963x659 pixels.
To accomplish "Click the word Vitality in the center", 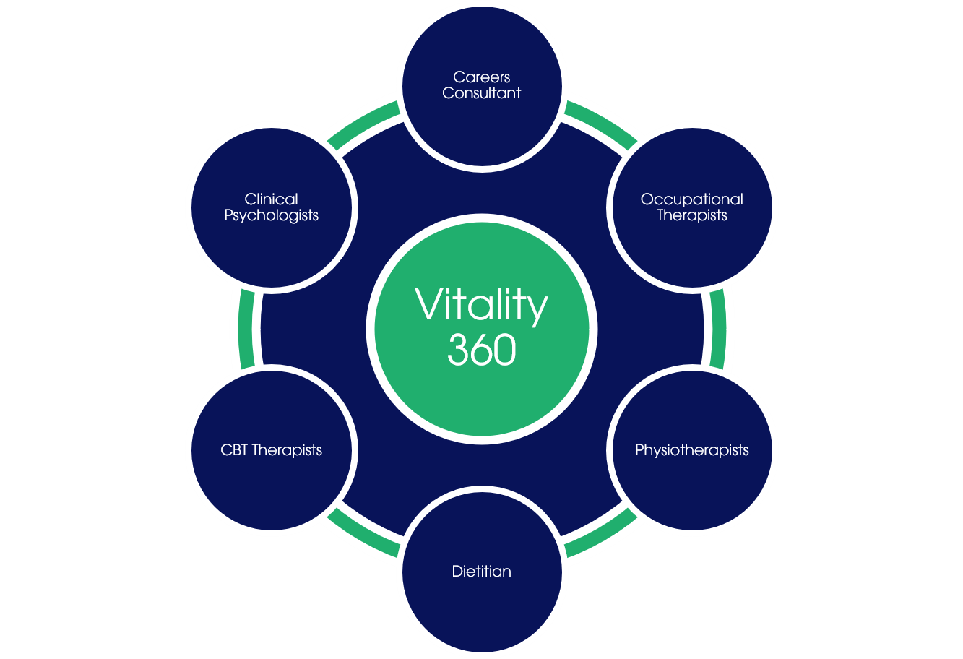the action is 482,306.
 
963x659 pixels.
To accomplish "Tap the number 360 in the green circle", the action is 482,350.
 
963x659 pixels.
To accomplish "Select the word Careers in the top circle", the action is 482,77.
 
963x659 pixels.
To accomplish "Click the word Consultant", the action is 482,93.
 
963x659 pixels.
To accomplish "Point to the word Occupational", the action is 691,199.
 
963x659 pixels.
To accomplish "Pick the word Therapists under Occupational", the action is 691,215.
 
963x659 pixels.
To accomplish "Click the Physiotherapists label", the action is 691,450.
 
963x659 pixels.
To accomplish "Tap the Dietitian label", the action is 482,572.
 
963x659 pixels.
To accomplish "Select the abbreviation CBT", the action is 234,450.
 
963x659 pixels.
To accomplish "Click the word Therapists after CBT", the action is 286,450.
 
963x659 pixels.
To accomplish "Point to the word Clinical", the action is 272,199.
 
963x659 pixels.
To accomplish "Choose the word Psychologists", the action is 272,215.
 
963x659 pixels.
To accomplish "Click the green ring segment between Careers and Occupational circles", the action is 602,121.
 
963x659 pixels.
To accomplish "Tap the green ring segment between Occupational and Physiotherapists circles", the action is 719,329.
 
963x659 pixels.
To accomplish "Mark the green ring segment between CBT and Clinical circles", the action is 244,329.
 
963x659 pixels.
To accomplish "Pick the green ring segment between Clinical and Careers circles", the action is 361,122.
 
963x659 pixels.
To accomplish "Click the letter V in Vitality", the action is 428,305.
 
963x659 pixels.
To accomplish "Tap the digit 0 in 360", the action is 504,350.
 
